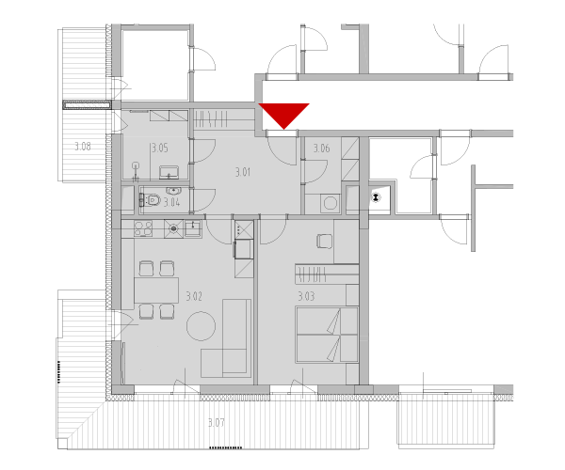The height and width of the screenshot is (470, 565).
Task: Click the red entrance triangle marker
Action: point(284,115)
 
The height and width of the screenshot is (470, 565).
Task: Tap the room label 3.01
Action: point(243,172)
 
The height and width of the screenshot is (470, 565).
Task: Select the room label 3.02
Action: point(194,296)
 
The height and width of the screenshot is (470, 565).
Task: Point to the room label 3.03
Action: point(306,296)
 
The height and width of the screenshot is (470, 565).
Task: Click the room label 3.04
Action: point(172,202)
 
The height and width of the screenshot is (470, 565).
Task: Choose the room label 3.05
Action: point(160,148)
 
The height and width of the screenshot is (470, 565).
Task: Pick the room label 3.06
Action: point(321,149)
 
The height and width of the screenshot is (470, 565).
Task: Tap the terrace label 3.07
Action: point(217,422)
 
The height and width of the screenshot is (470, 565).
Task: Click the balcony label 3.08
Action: point(83,147)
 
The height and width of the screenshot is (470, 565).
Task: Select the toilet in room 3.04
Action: point(151,199)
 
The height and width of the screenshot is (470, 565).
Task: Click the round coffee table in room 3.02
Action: point(202,326)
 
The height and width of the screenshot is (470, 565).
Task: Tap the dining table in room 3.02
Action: point(156,290)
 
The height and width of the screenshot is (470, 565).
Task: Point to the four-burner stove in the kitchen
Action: point(143,228)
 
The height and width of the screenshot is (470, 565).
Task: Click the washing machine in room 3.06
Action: point(331,204)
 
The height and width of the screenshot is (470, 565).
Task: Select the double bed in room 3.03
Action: point(327,335)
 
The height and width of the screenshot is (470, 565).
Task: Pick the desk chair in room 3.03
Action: point(325,241)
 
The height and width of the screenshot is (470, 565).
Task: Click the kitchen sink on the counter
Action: point(193,228)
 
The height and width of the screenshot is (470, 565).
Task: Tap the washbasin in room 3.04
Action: point(173,190)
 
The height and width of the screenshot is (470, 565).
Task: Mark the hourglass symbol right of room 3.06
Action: point(376,197)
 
